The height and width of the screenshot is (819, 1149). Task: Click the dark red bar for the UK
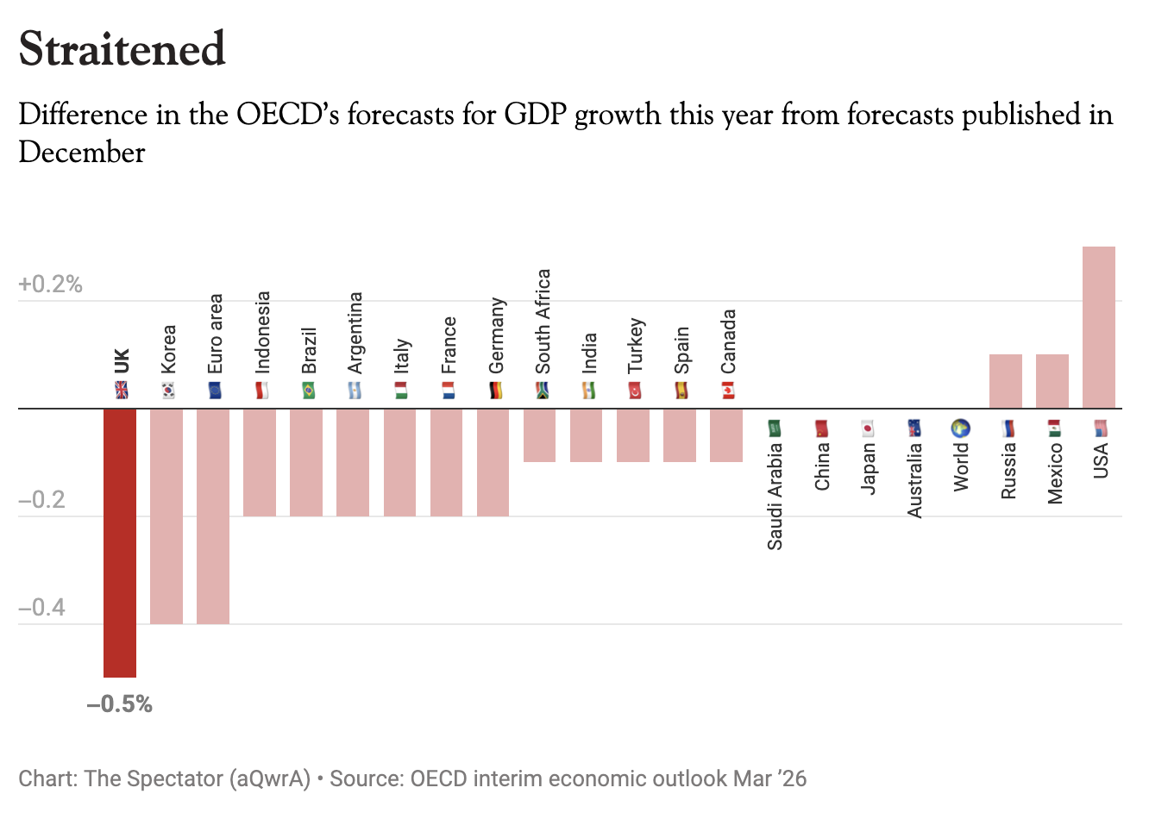120,542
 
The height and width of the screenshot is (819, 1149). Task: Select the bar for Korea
166,516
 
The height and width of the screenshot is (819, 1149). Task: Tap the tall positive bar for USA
1098,327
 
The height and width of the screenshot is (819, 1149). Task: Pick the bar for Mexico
1052,381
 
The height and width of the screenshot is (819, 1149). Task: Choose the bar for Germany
493,462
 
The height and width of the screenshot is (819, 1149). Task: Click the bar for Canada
725,435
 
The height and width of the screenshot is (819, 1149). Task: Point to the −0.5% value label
120,704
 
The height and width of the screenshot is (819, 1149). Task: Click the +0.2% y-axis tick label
50,284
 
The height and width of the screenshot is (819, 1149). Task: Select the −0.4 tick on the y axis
42,608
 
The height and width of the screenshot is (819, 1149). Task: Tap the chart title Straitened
122,49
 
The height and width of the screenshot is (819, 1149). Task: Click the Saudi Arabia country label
775,496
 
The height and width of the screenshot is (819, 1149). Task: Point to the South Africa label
542,322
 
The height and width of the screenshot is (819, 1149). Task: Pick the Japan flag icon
868,428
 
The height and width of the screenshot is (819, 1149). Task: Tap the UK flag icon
122,391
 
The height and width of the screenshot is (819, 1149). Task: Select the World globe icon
961,428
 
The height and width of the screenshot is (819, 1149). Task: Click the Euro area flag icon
215,391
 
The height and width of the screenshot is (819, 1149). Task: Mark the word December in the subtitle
82,153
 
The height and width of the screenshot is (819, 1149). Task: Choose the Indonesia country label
262,332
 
